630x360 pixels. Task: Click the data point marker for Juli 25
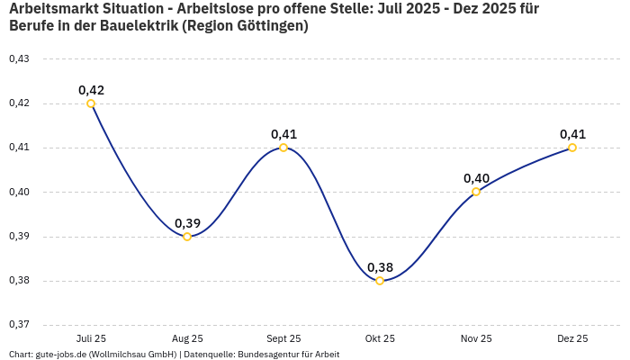(x=91, y=103)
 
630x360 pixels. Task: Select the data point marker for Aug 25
(x=187, y=237)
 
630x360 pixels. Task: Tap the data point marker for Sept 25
(x=283, y=148)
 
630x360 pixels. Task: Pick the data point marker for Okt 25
(x=380, y=281)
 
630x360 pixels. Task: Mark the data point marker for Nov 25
(x=476, y=192)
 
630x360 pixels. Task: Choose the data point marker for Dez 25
(x=572, y=148)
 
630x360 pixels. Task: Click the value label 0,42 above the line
(x=91, y=90)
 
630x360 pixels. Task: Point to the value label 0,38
(x=380, y=267)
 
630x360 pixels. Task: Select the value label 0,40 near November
(x=476, y=178)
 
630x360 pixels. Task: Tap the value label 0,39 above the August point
(x=187, y=223)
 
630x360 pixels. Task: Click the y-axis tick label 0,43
(x=19, y=59)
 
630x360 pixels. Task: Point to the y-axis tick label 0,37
(x=19, y=325)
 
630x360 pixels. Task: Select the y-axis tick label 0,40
(x=19, y=192)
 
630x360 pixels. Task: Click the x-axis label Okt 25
(x=380, y=338)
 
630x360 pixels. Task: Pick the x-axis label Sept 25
(x=283, y=338)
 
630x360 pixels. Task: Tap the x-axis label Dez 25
(x=572, y=338)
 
